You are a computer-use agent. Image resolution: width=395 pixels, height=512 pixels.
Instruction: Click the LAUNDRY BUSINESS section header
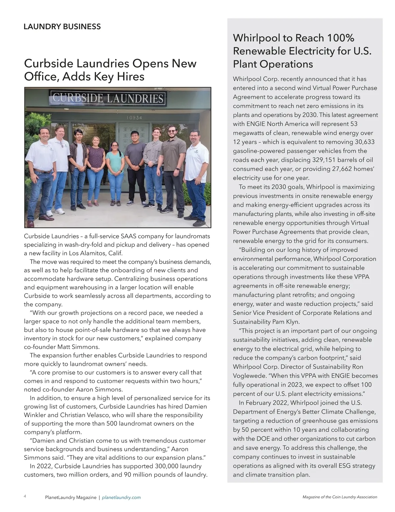point(62,27)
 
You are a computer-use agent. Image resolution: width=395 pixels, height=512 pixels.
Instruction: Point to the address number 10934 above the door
point(134,118)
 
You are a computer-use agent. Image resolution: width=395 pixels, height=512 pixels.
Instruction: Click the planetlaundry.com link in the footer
point(121,497)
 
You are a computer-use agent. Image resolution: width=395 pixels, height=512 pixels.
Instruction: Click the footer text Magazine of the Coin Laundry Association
point(340,497)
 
